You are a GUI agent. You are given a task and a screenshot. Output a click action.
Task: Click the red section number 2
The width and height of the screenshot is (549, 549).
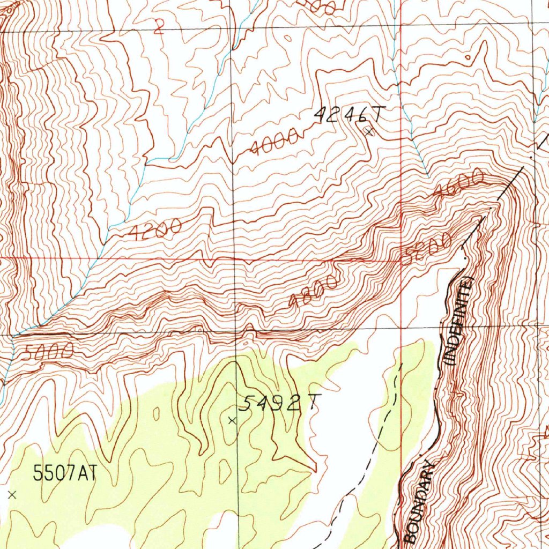pyautogui.click(x=158, y=27)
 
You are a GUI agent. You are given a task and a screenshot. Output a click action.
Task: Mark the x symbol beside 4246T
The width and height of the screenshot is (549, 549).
pyautogui.click(x=368, y=131)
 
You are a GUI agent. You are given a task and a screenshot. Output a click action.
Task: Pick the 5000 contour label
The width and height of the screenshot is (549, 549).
pyautogui.click(x=48, y=352)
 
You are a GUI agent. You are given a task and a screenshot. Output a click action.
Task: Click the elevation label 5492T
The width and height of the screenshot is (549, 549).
pyautogui.click(x=279, y=403)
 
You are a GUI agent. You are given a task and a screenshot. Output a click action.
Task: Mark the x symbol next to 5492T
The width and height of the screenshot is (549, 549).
pyautogui.click(x=232, y=421)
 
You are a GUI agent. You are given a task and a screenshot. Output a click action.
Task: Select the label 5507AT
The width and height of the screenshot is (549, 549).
pyautogui.click(x=64, y=473)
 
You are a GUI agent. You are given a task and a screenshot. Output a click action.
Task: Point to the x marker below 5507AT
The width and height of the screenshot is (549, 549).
pyautogui.click(x=12, y=495)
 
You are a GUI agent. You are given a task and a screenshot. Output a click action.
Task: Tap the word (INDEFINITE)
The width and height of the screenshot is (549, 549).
pyautogui.click(x=459, y=320)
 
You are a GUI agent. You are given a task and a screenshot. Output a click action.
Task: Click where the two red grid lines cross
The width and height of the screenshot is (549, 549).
pyautogui.click(x=401, y=259)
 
